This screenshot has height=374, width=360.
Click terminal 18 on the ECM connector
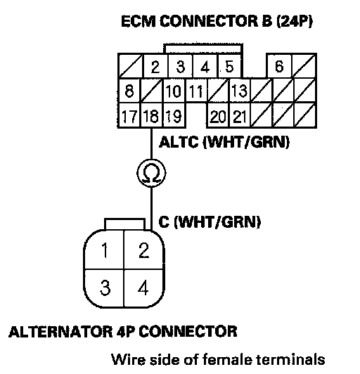click(151, 115)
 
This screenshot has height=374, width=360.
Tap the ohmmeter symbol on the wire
click(151, 173)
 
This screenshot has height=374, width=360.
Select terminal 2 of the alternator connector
click(144, 250)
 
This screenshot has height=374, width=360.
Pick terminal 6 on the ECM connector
click(279, 66)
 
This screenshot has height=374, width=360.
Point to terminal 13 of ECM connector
click(240, 91)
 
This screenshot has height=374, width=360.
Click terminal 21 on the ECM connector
click(240, 116)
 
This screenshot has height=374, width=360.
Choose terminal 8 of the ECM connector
click(129, 91)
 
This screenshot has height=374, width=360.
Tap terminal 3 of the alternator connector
click(104, 288)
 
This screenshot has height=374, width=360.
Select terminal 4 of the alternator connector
click(143, 288)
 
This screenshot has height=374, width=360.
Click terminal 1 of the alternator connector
click(104, 250)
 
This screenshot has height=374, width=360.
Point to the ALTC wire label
click(179, 142)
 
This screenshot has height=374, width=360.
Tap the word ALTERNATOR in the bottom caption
click(60, 332)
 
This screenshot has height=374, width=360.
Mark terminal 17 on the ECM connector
click(129, 116)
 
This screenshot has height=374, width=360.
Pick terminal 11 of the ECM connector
click(196, 91)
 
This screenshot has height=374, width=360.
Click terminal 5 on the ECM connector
click(229, 66)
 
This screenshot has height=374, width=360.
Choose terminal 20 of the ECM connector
click(218, 116)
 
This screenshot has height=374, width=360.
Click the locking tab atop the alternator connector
click(124, 224)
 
